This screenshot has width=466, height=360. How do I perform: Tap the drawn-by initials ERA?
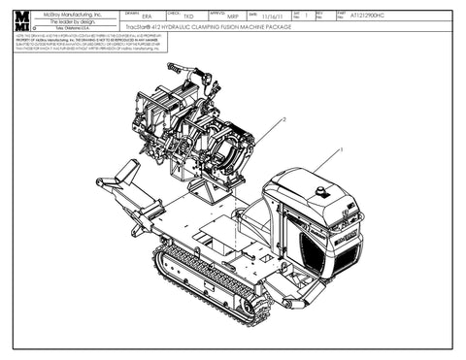click(147, 17)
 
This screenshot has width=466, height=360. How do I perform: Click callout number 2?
click(283, 118)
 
